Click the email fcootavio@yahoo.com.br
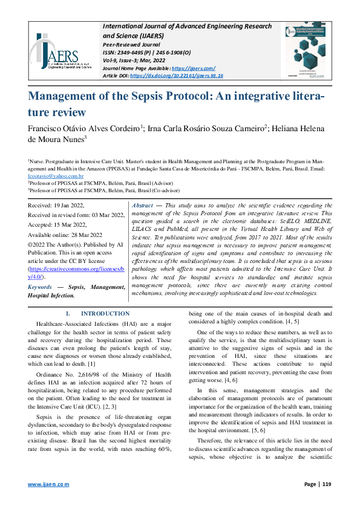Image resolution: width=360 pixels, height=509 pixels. [54, 175]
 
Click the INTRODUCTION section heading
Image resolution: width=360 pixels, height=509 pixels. [105, 313]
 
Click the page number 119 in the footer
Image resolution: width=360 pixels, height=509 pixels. [326, 484]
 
